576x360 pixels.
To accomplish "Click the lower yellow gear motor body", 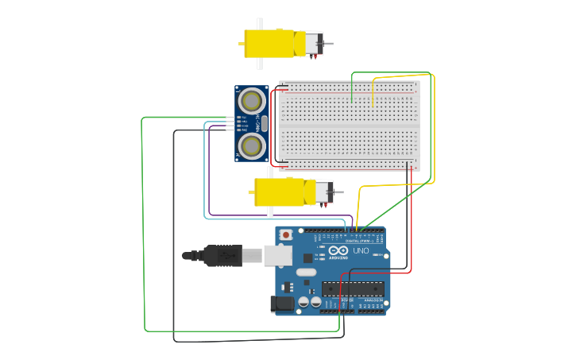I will coord(279,192).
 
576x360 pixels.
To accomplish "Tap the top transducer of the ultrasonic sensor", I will coord(252,100).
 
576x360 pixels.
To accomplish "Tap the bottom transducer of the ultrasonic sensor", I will coord(252,145).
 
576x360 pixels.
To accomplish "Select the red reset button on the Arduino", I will coord(286,235).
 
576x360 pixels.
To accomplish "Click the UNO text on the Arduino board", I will coord(361,251).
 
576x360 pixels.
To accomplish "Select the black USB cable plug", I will coord(222,255).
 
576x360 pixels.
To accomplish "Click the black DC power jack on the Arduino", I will coord(281,303).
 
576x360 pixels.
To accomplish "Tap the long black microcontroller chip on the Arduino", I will coord(353,288).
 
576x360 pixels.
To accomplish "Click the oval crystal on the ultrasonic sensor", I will coord(265,123).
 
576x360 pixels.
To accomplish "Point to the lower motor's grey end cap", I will coord(325,192).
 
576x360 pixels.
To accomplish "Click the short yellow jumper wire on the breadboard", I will coord(373,92).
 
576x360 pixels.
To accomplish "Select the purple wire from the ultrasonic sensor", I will coord(209,175).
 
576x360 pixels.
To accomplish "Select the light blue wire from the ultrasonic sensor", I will coord(204,183).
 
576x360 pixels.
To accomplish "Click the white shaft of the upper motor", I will coord(259,24).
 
